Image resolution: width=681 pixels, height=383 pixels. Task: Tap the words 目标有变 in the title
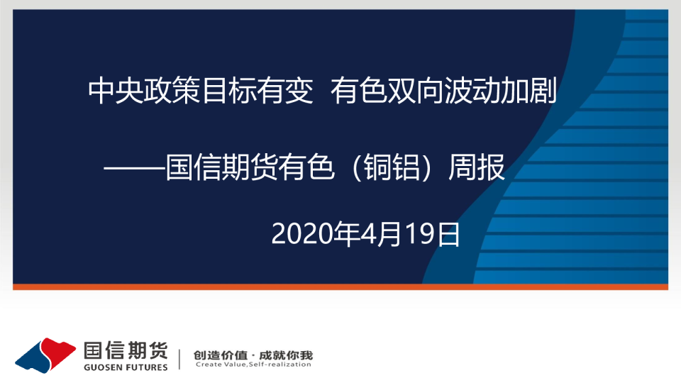pos(257,91)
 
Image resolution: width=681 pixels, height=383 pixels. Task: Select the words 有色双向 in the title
pos(387,91)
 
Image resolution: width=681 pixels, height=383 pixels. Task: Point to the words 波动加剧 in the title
pos(500,91)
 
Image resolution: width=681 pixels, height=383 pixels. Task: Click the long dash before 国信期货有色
pos(134,168)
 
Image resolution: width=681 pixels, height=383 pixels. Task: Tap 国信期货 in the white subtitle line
pos(221,167)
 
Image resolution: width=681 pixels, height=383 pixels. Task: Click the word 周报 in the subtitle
pos(477,167)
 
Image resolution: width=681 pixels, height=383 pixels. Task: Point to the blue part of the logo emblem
pos(34,357)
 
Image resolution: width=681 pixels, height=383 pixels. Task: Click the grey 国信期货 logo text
pos(126,350)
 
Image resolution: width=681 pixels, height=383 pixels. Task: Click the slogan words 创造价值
pos(220,355)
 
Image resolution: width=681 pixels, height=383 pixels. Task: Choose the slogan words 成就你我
pos(286,355)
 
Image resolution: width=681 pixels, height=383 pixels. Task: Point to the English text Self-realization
pos(279,365)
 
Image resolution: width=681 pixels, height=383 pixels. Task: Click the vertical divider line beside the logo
pos(179,359)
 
